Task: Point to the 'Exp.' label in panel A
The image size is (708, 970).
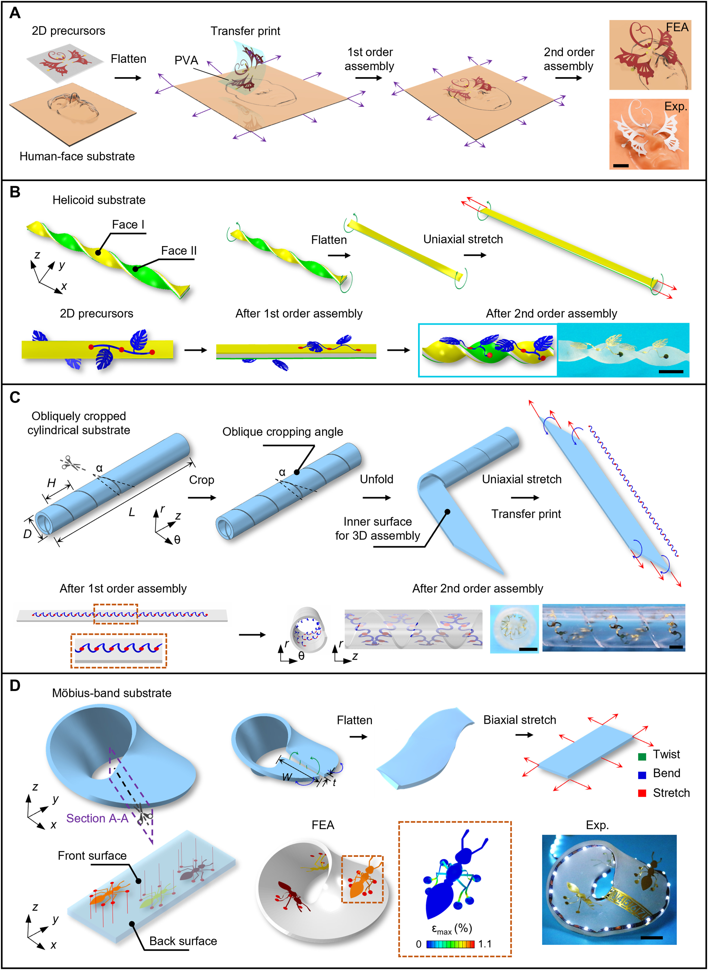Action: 675,106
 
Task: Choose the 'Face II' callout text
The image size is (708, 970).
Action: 179,251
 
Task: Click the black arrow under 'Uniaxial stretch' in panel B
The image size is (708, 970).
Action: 475,255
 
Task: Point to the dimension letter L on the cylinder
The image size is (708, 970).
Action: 132,512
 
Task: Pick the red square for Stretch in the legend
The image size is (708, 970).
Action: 642,793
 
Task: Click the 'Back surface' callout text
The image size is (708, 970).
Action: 183,941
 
